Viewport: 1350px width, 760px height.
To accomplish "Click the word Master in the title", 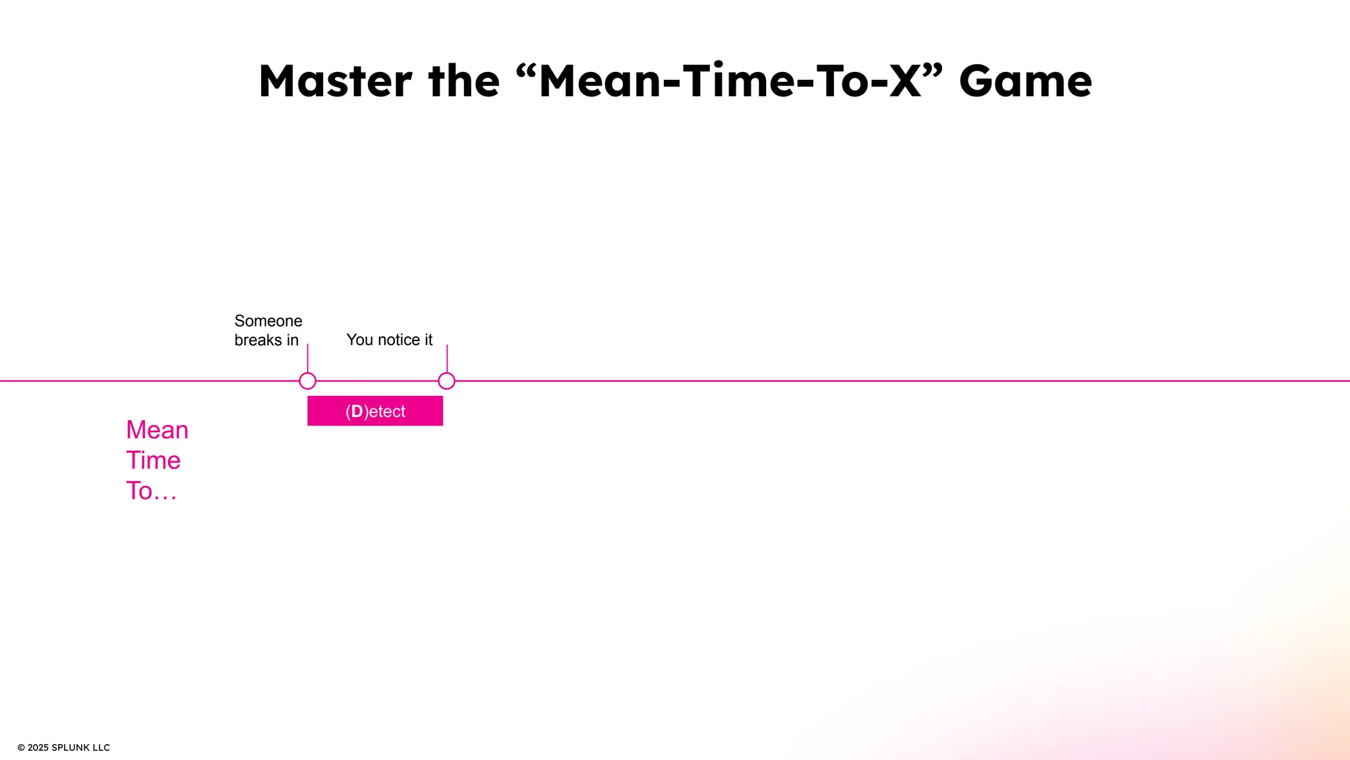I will click(x=336, y=81).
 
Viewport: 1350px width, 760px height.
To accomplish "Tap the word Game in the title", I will click(x=1025, y=81).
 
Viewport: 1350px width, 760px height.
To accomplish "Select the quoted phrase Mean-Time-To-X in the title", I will click(x=729, y=81).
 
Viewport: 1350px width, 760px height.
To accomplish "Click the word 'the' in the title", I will click(x=463, y=81).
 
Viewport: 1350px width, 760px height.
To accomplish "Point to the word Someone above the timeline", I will click(x=268, y=321).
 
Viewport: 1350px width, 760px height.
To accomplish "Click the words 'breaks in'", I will click(x=266, y=340).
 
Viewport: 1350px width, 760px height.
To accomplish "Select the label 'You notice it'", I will click(x=389, y=340).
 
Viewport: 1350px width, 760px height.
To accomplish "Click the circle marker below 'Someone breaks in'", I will click(x=307, y=381).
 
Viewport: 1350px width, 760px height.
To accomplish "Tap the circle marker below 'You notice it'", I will click(x=446, y=381).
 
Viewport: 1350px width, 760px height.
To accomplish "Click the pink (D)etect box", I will click(x=375, y=411).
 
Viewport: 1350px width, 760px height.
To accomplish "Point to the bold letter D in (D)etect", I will click(x=357, y=411).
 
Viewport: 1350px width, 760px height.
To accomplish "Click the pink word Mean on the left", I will click(x=157, y=430).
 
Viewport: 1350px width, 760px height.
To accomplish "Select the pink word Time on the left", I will click(x=153, y=460).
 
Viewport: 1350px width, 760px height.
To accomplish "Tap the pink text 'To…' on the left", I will click(x=151, y=491).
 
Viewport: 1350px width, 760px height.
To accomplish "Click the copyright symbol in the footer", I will click(x=21, y=747).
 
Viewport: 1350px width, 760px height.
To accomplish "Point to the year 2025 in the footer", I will click(x=38, y=747).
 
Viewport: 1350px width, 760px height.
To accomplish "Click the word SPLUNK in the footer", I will click(x=71, y=747).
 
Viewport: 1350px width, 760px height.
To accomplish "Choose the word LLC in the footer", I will click(x=101, y=747).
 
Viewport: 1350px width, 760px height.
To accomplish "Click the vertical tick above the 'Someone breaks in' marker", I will click(x=307, y=358).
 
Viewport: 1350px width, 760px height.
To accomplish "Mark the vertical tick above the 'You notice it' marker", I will click(x=447, y=358).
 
